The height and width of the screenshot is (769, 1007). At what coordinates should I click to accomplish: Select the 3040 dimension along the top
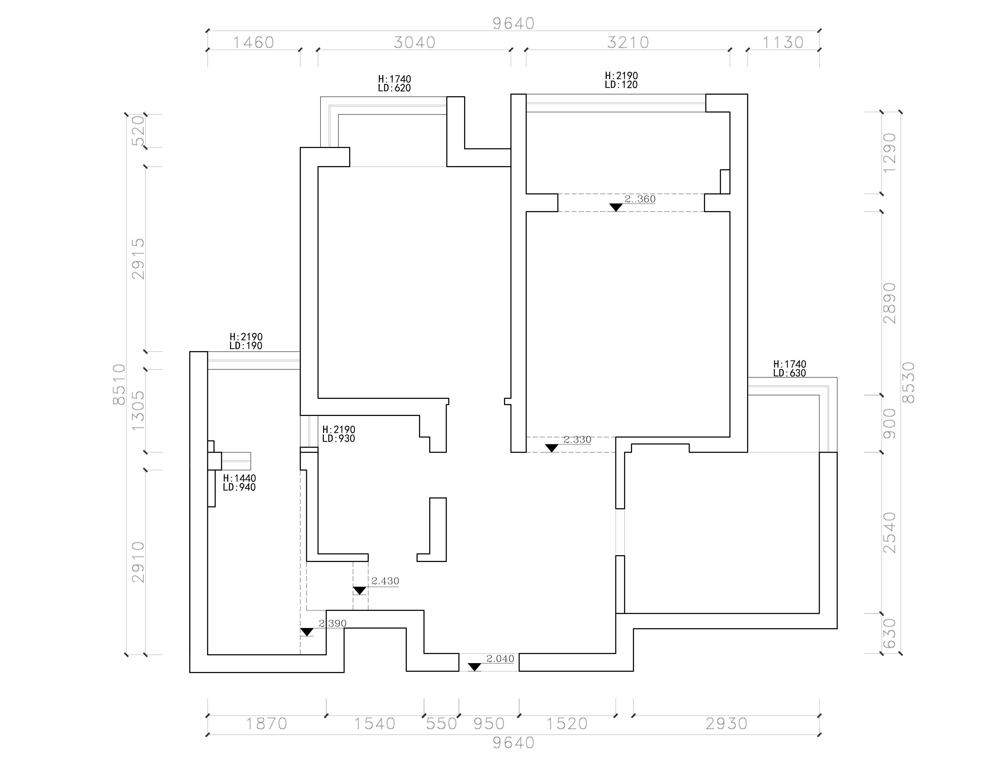tap(415, 43)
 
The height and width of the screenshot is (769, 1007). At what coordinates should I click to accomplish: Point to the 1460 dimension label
tap(254, 43)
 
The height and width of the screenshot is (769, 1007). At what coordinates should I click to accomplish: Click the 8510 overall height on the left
tap(119, 384)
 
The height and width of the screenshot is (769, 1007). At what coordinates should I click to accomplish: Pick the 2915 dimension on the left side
tap(138, 259)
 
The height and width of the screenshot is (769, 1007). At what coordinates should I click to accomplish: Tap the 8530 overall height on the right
tap(908, 383)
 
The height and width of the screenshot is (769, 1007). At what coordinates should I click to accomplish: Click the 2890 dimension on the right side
tap(889, 303)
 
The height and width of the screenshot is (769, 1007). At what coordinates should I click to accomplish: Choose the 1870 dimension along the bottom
tap(267, 724)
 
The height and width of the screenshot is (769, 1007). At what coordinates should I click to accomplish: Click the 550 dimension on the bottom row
tap(441, 724)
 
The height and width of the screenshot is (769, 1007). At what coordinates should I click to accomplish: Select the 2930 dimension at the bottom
tap(726, 724)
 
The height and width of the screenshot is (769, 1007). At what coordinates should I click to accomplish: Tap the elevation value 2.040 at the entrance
tap(500, 659)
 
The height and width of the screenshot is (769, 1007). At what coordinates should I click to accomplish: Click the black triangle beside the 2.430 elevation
tap(360, 590)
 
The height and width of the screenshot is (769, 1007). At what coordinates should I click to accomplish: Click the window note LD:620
tap(395, 88)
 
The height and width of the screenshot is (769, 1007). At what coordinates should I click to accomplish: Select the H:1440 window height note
tap(239, 478)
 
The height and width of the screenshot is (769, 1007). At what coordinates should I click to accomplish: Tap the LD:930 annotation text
tap(339, 439)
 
